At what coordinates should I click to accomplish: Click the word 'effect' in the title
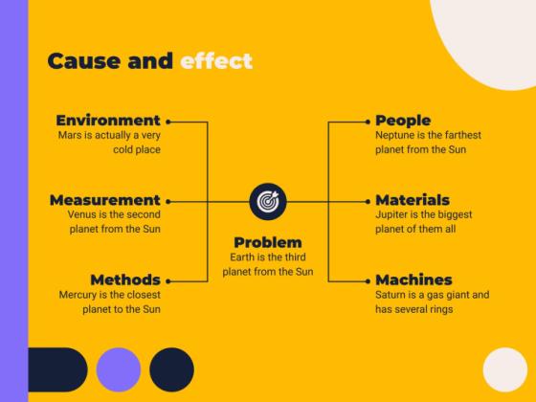pos(216,61)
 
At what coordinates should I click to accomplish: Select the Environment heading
pos(107,121)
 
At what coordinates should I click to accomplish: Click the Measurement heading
pos(104,200)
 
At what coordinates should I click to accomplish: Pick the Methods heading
pos(124,279)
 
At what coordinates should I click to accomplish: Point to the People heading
pos(403,121)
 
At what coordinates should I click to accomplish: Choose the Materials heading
pos(413,200)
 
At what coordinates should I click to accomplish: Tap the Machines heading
pos(413,279)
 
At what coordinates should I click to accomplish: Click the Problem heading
pos(267,242)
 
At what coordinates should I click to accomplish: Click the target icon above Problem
pos(267,201)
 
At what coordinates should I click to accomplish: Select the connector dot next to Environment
pos(168,122)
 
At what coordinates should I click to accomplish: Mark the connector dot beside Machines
pos(367,280)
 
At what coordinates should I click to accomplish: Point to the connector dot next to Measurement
pos(168,201)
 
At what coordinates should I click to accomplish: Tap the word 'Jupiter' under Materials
pos(394,215)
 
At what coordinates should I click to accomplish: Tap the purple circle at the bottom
pos(119,368)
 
